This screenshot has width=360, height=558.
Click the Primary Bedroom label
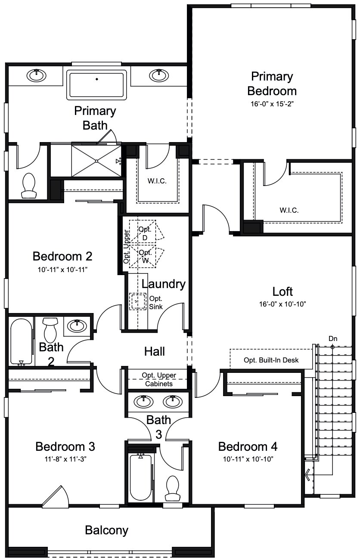pos(272,84)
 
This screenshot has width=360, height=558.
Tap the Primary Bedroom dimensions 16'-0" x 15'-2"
pos(272,103)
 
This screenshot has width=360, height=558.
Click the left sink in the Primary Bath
pos(37,75)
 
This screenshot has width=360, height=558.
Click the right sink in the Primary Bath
pos(159,75)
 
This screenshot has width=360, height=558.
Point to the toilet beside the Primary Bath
pos(29,186)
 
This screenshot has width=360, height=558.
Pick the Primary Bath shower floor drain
pos(97,161)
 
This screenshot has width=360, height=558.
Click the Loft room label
pos(282,291)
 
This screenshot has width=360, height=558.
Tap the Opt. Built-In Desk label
pos(271,360)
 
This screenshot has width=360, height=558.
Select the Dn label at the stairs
pos(333,338)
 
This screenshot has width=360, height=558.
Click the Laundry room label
pos(163,284)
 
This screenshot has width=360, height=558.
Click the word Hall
pos(155,351)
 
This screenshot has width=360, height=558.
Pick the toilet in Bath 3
pos(173,488)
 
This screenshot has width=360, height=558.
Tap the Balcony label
pos(106,530)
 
